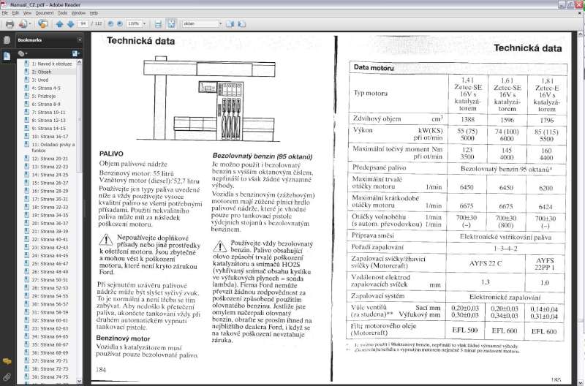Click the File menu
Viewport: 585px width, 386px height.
pos(6,12)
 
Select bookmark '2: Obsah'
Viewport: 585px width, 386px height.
pos(42,72)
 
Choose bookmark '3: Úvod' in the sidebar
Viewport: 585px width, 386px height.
pos(39,80)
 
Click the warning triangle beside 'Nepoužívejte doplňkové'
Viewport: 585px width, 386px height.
pos(107,241)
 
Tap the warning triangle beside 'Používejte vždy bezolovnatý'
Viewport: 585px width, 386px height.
pos(220,243)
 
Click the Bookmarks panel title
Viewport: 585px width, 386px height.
pos(31,39)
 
